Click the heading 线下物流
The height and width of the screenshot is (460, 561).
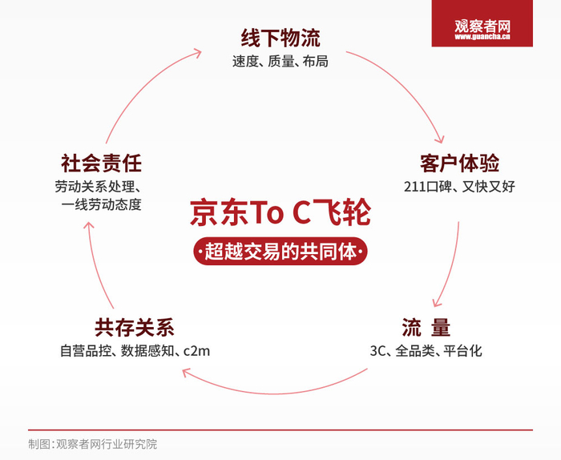pos(280,38)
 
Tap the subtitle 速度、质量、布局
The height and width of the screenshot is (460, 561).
pos(280,61)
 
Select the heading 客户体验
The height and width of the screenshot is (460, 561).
pos(459,163)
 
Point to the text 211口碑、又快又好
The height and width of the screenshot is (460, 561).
pos(459,187)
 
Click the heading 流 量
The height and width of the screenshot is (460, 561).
pos(426,327)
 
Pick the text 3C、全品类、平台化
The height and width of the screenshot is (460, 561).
pos(426,350)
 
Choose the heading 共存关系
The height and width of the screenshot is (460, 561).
pos(134,327)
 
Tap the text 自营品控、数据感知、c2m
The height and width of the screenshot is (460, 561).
pos(135,350)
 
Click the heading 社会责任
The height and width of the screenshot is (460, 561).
pos(101,163)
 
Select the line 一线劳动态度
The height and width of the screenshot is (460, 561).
pos(101,204)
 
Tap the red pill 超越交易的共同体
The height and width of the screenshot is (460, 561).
pos(280,252)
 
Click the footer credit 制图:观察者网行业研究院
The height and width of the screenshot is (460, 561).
pos(93,443)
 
